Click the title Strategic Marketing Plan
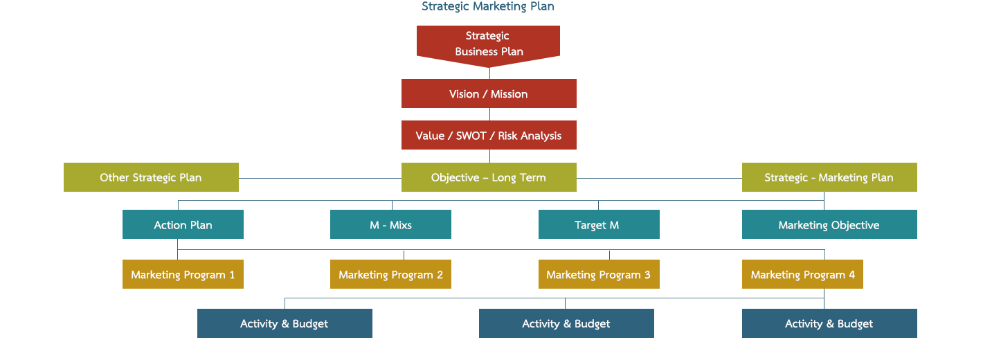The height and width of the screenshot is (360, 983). [x=488, y=7]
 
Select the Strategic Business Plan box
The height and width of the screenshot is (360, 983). [x=488, y=44]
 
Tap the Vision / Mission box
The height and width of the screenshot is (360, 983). [x=489, y=93]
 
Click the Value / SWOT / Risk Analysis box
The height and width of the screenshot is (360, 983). [x=489, y=136]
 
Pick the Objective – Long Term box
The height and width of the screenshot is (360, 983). [x=489, y=177]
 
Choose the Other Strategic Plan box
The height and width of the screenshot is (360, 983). [x=151, y=177]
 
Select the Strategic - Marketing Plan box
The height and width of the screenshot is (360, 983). [x=829, y=177]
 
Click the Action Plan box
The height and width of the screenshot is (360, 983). [x=183, y=224]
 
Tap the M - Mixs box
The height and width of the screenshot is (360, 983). [x=390, y=224]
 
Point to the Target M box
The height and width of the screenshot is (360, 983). [x=599, y=224]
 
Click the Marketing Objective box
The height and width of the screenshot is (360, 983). [x=829, y=224]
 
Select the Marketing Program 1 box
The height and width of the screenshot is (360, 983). [x=183, y=274]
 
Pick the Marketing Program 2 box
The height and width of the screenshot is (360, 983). [x=390, y=274]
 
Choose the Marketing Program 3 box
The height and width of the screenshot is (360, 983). [x=599, y=274]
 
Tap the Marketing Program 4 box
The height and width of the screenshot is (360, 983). [x=802, y=274]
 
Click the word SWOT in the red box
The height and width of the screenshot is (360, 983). [x=471, y=136]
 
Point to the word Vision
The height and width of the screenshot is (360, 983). [x=464, y=94]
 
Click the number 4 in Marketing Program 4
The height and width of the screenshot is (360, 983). [x=851, y=275]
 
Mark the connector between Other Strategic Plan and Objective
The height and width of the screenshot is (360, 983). [x=320, y=178]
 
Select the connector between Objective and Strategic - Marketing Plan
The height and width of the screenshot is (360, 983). [x=659, y=178]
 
